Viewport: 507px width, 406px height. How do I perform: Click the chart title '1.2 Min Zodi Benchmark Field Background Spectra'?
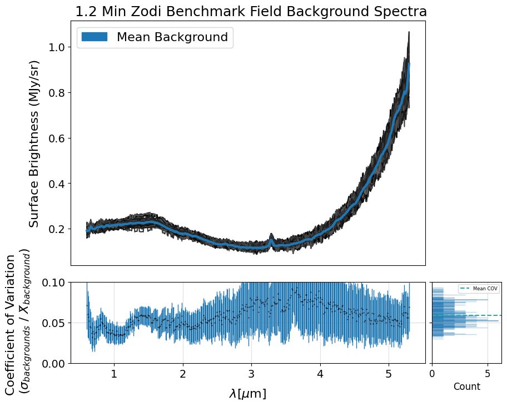coord(251,12)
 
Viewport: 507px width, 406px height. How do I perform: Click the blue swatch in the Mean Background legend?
coord(94,37)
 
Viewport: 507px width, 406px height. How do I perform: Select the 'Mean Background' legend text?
coord(172,37)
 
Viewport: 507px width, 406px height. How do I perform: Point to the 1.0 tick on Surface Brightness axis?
coord(55,47)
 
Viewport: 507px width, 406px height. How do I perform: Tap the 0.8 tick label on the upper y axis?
coord(55,93)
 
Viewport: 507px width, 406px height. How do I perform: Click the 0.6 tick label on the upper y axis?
coord(55,138)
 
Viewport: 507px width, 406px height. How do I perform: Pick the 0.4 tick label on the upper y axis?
coord(55,184)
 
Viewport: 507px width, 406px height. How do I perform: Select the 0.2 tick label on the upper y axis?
coord(55,229)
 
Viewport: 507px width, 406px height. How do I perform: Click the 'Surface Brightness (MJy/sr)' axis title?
coord(34,143)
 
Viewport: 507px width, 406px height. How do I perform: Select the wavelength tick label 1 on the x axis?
coord(114,374)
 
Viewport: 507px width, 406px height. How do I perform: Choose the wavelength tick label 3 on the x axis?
coord(251,374)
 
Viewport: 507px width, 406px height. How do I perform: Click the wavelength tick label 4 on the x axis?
coord(320,374)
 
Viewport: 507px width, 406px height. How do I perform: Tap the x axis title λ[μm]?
coord(247,394)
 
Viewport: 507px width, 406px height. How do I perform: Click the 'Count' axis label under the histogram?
coord(466,387)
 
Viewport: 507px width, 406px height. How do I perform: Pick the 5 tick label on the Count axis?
coord(488,374)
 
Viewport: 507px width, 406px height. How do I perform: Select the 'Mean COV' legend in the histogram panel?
coord(479,289)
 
